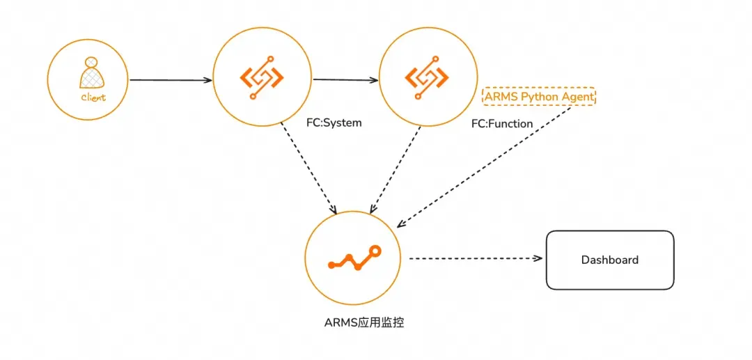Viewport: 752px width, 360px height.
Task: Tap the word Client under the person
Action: (x=93, y=97)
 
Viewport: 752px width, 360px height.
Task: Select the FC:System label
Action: (x=334, y=123)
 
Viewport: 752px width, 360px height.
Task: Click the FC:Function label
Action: (x=502, y=124)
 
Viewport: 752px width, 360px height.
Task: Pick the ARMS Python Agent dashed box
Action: (x=539, y=97)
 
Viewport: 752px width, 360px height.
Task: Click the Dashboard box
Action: (x=610, y=260)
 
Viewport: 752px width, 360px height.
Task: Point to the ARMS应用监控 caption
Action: (x=364, y=322)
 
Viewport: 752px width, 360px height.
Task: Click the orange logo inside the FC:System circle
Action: (x=262, y=78)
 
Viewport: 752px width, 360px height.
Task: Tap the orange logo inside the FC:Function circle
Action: (x=428, y=78)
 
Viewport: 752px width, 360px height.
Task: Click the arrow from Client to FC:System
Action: (x=171, y=80)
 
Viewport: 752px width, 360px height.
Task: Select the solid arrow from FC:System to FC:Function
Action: (x=346, y=80)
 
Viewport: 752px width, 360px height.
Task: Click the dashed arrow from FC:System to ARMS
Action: (x=309, y=169)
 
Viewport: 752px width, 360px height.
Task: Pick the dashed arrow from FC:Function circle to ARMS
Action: (x=396, y=170)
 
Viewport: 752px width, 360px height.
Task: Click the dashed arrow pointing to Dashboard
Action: (x=476, y=258)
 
